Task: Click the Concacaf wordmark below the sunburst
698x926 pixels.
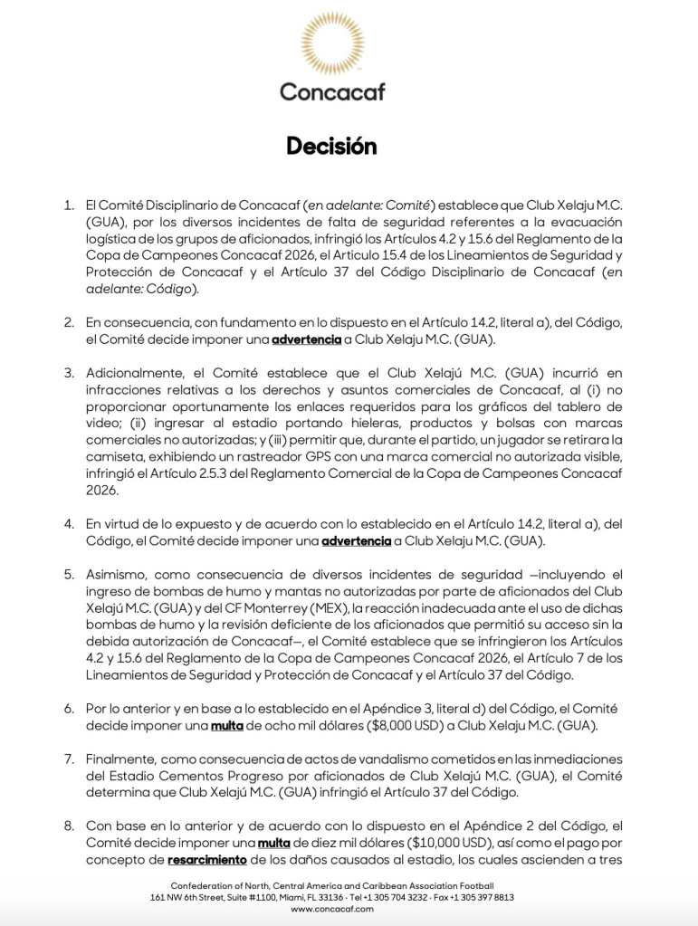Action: coord(331,91)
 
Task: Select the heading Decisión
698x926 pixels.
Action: coord(331,147)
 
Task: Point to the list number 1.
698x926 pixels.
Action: coord(69,205)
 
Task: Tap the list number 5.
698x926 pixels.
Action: coord(69,574)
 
